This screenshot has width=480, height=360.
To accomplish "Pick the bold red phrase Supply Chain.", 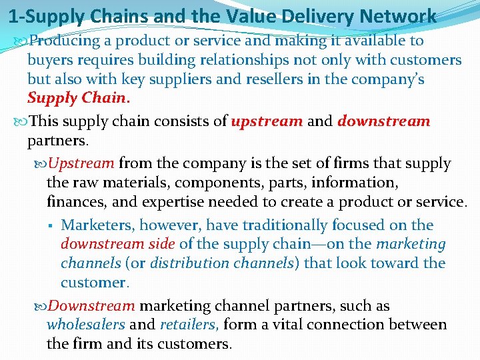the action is (77, 98).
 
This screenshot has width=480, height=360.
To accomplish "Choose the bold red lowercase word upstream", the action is (267, 121).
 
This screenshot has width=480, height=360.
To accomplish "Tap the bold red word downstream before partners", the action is (384, 121).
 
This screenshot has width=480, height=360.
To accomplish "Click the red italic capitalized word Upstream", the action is (81, 163).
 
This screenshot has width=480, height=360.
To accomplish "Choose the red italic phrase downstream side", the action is (118, 244).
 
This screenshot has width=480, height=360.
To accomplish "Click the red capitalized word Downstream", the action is (92, 306).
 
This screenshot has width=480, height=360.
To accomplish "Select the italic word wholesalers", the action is (85, 325).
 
